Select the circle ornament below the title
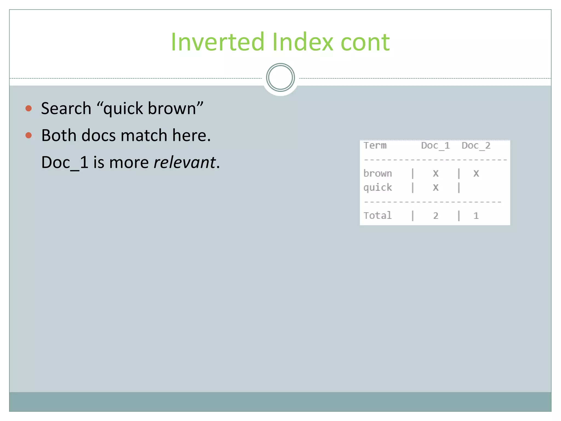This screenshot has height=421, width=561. tap(280, 78)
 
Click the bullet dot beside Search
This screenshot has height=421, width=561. tap(28, 108)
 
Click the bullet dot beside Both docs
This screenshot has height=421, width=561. tap(28, 135)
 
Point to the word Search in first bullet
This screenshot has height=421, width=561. tap(66, 108)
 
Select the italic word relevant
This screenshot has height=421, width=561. tap(185, 162)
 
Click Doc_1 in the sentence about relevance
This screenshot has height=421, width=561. tap(65, 162)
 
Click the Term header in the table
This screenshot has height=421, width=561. tap(375, 146)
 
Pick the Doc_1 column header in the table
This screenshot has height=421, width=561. tap(435, 146)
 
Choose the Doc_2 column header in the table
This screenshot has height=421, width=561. tap(476, 146)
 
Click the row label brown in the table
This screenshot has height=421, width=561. tap(377, 173)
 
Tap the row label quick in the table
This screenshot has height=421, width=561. tap(377, 188)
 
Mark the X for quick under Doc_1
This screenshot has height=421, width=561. tap(436, 188)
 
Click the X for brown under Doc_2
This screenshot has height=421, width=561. tap(476, 173)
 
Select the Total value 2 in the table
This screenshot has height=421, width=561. tap(436, 216)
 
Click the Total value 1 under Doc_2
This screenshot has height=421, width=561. tap(476, 216)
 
